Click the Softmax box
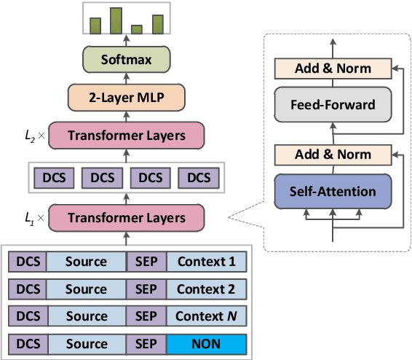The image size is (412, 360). (127, 59)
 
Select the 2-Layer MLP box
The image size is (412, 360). (127, 96)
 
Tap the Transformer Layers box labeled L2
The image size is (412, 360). (127, 136)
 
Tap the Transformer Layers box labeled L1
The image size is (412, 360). (127, 217)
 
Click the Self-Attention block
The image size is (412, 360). (333, 192)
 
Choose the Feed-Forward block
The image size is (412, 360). (333, 104)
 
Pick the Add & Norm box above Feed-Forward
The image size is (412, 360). (333, 69)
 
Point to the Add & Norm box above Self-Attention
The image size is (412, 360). (333, 154)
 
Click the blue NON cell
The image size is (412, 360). (207, 343)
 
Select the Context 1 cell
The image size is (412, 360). (207, 262)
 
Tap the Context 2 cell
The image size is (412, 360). (207, 289)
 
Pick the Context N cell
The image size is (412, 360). (207, 316)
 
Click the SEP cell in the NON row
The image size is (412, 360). (146, 343)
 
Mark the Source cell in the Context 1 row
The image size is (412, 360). (86, 262)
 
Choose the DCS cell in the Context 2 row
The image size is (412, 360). (28, 289)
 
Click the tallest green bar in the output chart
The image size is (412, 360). (116, 21)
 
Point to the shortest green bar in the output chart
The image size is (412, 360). (136, 30)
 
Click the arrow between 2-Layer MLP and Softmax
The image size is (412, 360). (127, 78)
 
